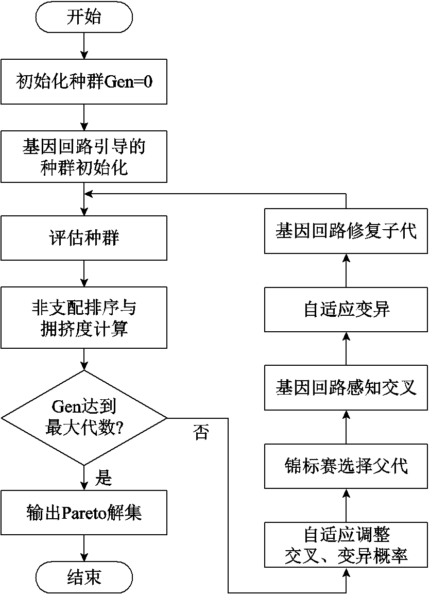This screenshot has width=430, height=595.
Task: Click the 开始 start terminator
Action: click(84, 17)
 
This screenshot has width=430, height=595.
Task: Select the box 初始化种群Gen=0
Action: click(84, 81)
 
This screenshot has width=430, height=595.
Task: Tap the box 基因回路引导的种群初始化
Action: click(84, 157)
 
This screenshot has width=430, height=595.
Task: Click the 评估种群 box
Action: click(84, 238)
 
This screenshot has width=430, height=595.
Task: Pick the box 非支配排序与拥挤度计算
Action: click(84, 318)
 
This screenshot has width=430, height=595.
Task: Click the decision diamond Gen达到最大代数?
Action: click(84, 418)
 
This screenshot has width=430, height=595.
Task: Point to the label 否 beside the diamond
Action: click(201, 432)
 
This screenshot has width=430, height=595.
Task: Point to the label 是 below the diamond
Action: click(103, 477)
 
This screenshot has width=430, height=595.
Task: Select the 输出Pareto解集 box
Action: click(84, 513)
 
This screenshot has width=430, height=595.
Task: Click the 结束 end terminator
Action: click(84, 577)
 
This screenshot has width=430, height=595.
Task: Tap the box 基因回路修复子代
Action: click(346, 231)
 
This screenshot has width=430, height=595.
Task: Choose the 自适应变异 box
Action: click(346, 309)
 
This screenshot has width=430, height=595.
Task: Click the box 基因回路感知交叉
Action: click(346, 387)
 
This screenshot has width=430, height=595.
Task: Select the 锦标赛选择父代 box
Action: click(346, 466)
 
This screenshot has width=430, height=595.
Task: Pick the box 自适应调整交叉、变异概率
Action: click(346, 545)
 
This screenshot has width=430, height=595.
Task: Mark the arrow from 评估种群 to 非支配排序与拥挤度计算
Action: click(84, 274)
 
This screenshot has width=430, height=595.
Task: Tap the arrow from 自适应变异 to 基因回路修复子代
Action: click(346, 270)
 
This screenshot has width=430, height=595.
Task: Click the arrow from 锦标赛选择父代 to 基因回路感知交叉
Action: click(346, 427)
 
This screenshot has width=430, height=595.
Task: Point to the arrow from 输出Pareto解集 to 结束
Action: click(84, 548)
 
